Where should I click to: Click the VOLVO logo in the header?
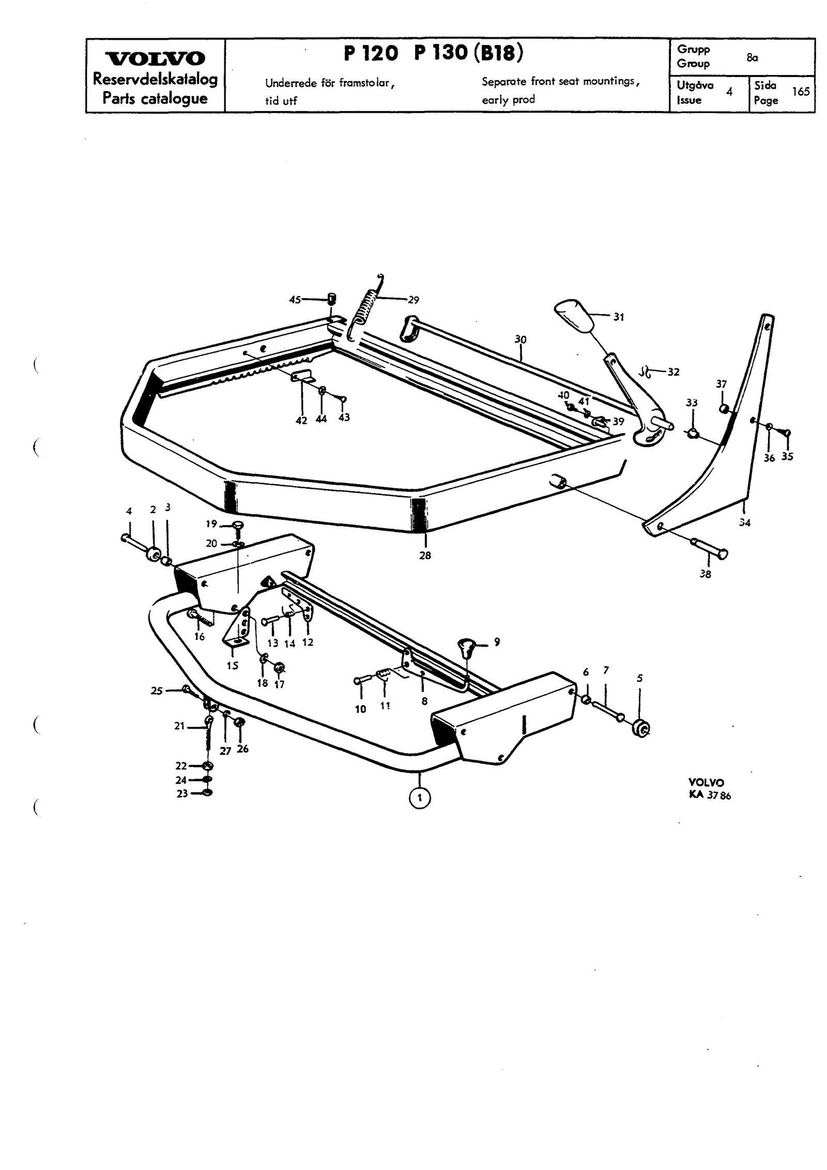tap(155, 58)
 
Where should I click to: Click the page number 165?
tap(800, 91)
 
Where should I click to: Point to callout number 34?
tap(744, 522)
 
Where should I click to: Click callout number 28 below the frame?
tap(425, 556)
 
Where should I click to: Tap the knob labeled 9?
tap(467, 648)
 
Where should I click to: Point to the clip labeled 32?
tap(645, 371)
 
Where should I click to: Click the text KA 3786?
tap(710, 796)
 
